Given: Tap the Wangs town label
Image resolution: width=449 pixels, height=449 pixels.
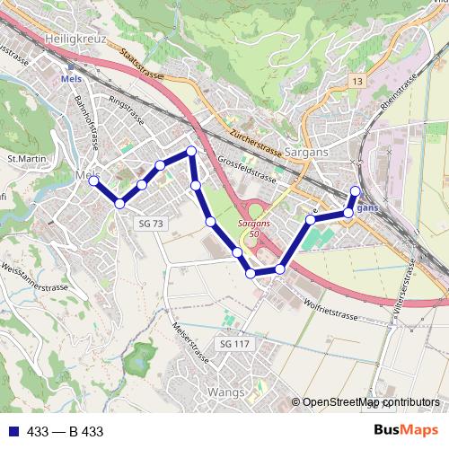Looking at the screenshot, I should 225,392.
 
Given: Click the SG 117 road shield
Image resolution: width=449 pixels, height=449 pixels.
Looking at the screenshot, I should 234,344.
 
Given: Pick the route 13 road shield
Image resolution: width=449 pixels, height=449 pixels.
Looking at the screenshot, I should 358,82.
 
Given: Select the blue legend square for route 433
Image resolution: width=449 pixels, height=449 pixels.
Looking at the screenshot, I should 13,432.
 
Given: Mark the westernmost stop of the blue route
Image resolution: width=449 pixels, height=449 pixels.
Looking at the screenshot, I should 93,180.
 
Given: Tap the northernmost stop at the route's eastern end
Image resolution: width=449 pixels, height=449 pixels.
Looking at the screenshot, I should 355,190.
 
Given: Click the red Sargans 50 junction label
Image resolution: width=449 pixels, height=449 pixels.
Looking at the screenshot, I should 254,228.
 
